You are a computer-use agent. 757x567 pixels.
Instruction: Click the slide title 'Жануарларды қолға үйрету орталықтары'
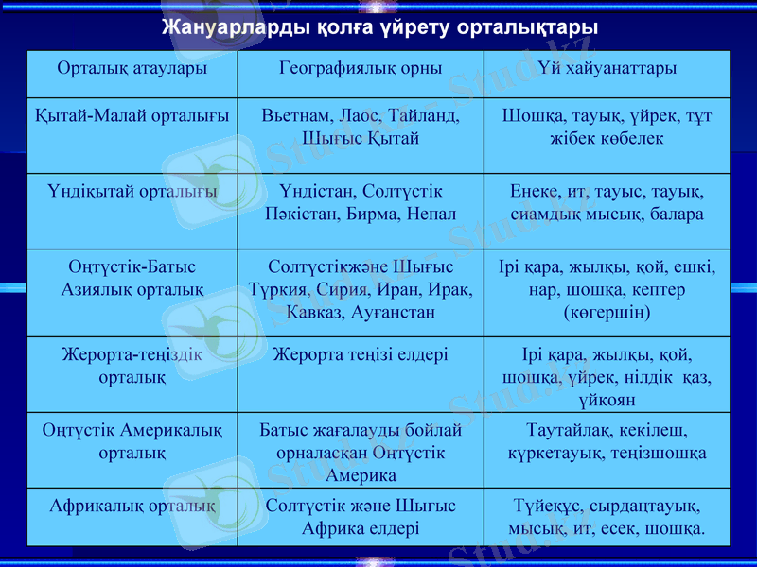click(378, 26)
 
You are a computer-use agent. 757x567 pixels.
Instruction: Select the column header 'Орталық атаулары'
click(132, 68)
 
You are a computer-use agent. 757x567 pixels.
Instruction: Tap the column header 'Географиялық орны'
click(361, 68)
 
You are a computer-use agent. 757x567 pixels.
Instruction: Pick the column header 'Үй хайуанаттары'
click(607, 68)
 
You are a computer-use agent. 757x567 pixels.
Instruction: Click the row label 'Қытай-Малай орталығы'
click(132, 116)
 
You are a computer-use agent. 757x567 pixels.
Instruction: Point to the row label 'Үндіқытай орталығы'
click(132, 192)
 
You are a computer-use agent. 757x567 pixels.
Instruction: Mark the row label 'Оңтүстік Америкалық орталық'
click(132, 441)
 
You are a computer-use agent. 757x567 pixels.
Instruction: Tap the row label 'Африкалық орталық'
click(132, 506)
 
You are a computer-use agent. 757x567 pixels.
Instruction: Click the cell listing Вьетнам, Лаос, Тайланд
click(361, 127)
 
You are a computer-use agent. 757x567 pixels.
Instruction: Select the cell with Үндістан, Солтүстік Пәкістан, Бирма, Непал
click(361, 202)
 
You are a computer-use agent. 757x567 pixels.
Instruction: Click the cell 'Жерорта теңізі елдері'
click(361, 355)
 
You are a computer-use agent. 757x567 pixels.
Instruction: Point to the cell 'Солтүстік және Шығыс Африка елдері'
click(361, 516)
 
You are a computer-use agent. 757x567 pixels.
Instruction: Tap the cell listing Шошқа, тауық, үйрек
click(607, 127)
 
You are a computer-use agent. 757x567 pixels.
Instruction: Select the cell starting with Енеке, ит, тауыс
click(607, 202)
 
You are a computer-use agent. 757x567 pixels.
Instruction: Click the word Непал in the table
click(431, 214)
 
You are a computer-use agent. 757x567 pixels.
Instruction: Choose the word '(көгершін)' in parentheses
click(607, 310)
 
